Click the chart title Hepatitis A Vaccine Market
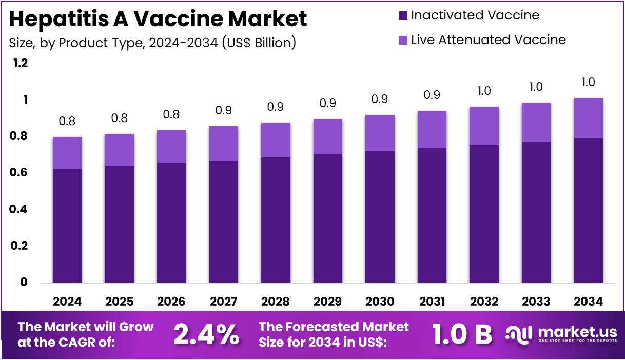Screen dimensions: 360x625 [158, 19]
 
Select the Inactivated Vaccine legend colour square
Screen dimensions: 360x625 [403, 15]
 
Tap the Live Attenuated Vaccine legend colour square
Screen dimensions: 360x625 [403, 40]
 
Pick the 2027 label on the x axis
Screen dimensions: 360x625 [223, 301]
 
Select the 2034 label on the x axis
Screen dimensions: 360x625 [588, 301]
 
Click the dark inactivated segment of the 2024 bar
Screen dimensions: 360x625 [67, 226]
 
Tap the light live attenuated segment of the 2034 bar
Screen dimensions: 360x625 [588, 118]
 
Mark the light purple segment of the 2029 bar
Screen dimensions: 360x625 [327, 136]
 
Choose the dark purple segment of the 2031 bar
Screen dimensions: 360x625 [432, 215]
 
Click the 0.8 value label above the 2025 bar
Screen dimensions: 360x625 [119, 118]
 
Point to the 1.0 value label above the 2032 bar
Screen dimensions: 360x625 [484, 91]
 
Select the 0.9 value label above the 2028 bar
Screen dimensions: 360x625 [276, 107]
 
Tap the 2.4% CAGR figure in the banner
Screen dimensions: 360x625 [206, 335]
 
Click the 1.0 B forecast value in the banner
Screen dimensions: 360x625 [462, 335]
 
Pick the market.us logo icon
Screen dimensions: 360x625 [519, 334]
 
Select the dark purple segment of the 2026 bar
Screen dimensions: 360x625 [171, 223]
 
